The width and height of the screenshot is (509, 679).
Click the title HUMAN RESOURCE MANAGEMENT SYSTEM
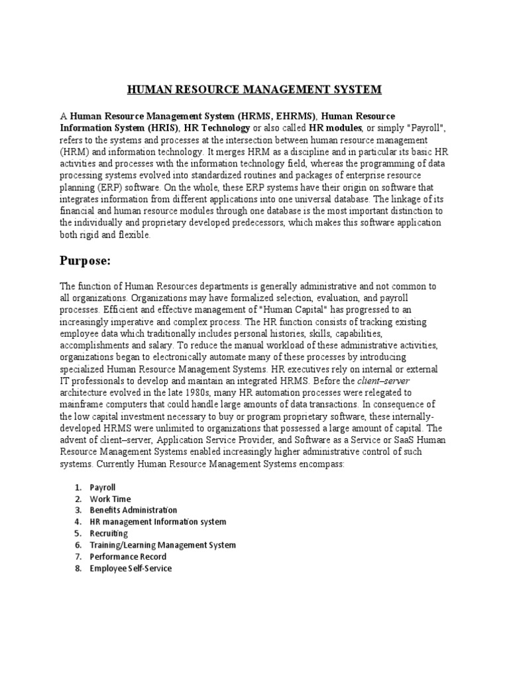click(x=254, y=89)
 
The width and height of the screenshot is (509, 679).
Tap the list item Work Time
click(x=110, y=499)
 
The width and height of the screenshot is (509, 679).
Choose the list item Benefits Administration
click(x=133, y=510)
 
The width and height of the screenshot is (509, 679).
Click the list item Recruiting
click(x=109, y=533)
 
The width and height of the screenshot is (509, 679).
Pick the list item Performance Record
click(x=128, y=556)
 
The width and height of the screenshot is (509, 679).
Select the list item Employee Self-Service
click(x=131, y=568)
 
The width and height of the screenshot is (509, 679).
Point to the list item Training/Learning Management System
click(x=162, y=545)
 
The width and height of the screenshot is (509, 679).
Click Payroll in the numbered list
click(x=103, y=487)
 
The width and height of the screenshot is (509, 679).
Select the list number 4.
click(x=78, y=522)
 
